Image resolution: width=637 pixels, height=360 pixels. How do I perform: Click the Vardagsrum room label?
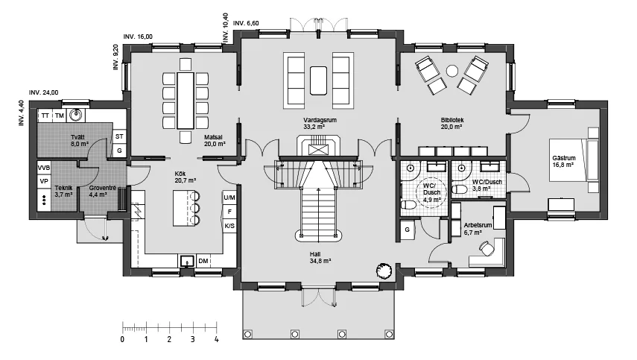pyautogui.click(x=320, y=120)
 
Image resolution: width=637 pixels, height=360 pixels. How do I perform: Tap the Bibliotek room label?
pyautogui.click(x=452, y=120)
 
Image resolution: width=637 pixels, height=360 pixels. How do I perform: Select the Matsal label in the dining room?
pyautogui.click(x=214, y=137)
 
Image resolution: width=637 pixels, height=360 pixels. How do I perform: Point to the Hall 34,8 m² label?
pyautogui.click(x=320, y=258)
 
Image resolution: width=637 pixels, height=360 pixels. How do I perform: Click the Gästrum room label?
pyautogui.click(x=564, y=158)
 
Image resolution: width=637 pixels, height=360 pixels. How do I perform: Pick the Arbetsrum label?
pyautogui.click(x=478, y=225)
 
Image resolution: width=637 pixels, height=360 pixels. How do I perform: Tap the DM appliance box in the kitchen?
pyautogui.click(x=203, y=261)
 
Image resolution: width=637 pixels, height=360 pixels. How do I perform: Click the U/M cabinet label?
pyautogui.click(x=229, y=198)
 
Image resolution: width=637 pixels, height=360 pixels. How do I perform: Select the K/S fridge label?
pyautogui.click(x=229, y=226)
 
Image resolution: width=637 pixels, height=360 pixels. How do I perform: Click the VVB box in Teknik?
pyautogui.click(x=44, y=168)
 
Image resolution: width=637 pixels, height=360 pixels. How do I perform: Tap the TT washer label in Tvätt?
pyautogui.click(x=45, y=116)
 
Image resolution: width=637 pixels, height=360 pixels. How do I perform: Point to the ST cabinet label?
pyautogui.click(x=119, y=136)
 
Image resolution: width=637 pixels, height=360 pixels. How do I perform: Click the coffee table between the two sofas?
pyautogui.click(x=318, y=80)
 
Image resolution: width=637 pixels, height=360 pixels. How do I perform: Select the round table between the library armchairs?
pyautogui.click(x=452, y=71)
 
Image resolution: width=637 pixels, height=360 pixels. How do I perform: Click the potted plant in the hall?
pyautogui.click(x=384, y=271)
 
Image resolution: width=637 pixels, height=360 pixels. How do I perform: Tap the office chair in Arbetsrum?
pyautogui.click(x=487, y=248)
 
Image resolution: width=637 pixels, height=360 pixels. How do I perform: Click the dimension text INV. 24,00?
pyautogui.click(x=43, y=92)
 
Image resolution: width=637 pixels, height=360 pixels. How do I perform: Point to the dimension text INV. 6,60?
pyautogui.click(x=246, y=23)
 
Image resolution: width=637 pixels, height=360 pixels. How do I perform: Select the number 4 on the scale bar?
pyautogui.click(x=217, y=339)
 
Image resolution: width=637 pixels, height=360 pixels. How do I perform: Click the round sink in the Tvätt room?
pyautogui.click(x=75, y=116)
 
